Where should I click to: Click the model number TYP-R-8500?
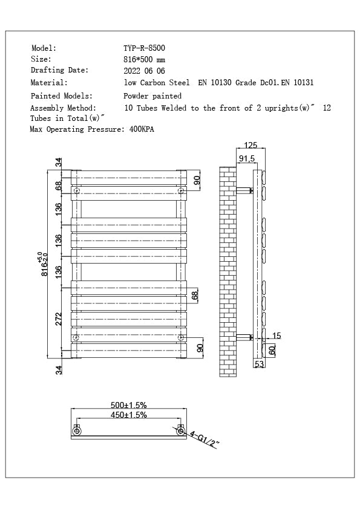(144, 48)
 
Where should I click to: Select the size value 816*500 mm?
(144, 59)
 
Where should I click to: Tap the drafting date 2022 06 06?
(144, 71)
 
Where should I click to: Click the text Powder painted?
(152, 96)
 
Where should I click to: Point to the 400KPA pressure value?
(142, 129)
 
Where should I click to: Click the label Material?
(49, 83)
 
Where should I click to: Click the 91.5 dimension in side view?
(246, 158)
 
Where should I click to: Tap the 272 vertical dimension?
(58, 319)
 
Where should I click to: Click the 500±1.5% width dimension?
(128, 404)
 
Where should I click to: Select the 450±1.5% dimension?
(128, 415)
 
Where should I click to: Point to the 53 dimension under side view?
(260, 365)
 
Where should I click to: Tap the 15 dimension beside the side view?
(277, 336)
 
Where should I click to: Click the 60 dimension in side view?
(272, 349)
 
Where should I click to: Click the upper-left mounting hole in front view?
(76, 191)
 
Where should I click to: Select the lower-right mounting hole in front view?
(181, 337)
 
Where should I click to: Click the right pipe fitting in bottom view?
(180, 431)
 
